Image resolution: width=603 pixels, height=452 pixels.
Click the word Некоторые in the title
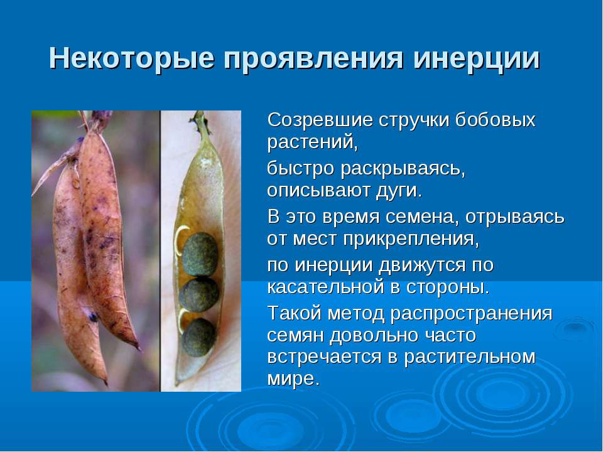[131, 58]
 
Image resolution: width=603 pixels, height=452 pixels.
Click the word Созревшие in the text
[320, 120]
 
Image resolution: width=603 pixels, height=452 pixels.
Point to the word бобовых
[495, 120]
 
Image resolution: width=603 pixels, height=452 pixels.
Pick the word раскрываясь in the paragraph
[403, 169]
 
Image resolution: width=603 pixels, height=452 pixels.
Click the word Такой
[294, 313]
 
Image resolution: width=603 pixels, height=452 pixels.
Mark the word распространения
[471, 314]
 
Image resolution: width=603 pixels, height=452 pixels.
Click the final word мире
[293, 379]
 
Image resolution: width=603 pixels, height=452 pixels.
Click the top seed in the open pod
[200, 254]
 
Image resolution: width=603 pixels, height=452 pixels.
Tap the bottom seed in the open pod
[198, 337]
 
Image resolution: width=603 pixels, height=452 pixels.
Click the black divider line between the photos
[160, 251]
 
